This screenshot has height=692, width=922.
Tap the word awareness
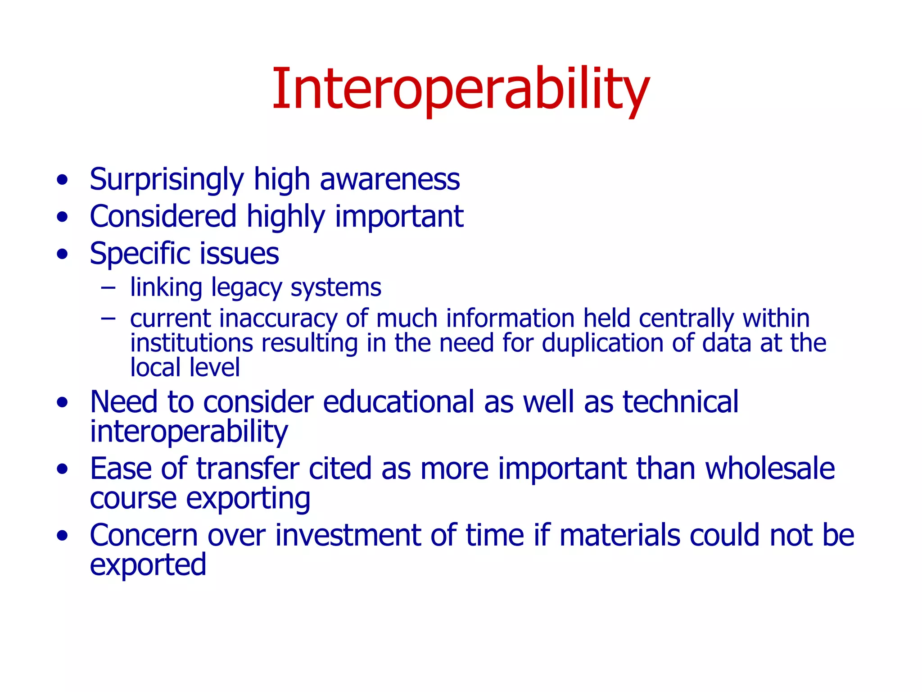389,179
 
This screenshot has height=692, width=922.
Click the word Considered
163,216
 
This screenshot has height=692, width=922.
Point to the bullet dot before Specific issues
63,254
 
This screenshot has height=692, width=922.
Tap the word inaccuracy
278,319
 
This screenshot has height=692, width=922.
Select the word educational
398,402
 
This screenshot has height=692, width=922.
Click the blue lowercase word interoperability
189,432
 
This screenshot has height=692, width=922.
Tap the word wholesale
770,469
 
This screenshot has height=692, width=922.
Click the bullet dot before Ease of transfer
63,469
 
